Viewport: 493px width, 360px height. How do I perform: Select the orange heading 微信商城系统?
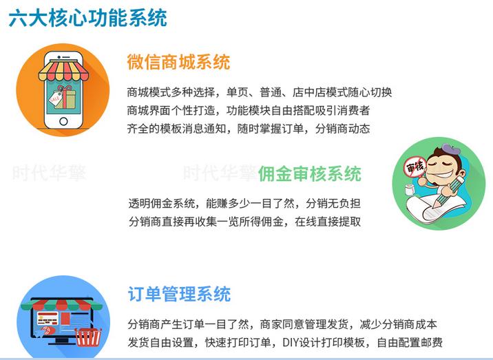[x=178, y=62]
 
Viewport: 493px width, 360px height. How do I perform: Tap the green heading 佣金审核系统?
[x=309, y=173]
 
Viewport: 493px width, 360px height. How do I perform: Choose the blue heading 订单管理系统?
[x=179, y=295]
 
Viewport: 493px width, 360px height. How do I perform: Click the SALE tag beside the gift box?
[x=54, y=100]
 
